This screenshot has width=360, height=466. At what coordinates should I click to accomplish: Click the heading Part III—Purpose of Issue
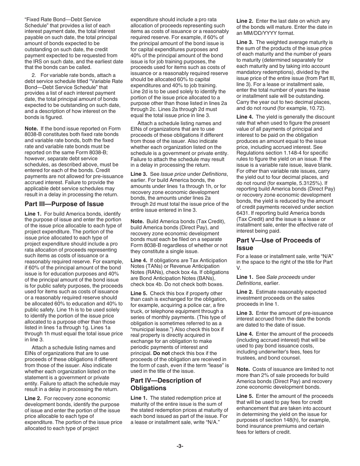[64, 204]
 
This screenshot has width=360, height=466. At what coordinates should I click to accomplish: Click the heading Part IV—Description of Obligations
[166, 384]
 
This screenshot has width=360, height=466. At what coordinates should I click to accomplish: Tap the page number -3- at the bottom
[180, 446]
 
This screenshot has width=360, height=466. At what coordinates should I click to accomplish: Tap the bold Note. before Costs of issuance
[243, 369]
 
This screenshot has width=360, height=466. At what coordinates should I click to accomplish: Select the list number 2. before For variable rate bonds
[34, 75]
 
